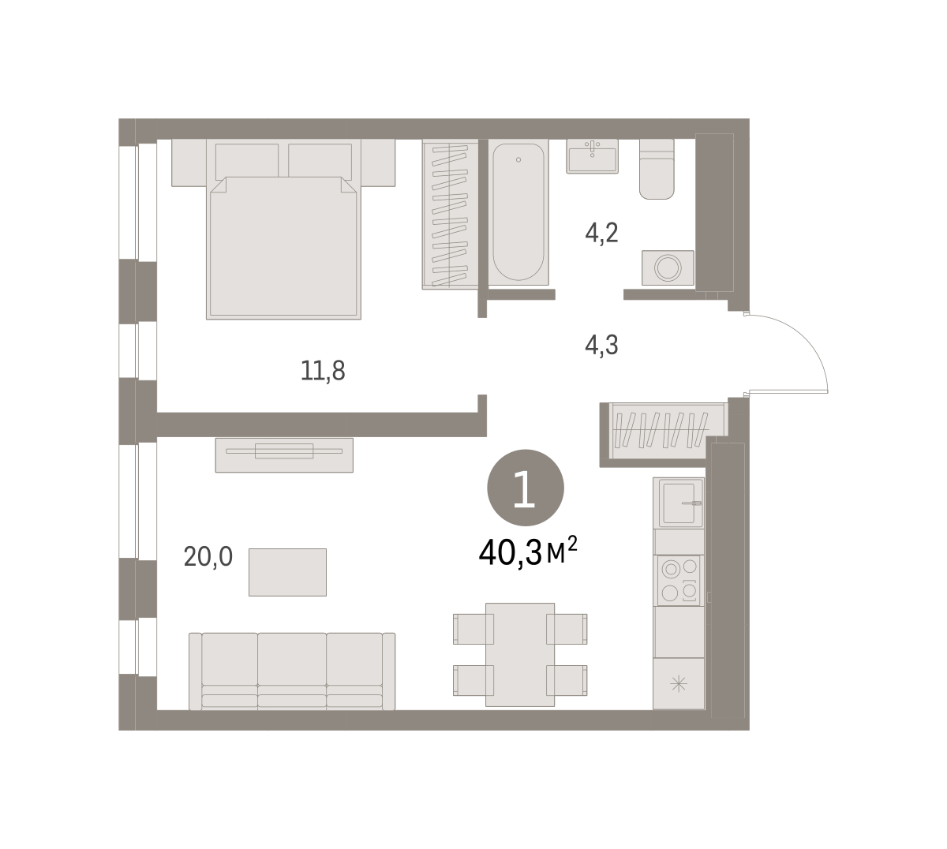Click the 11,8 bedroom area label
coord(323,371)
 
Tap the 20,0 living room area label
coord(208,557)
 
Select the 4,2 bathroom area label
coord(601,233)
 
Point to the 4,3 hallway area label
coord(601,346)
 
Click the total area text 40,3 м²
coord(528,552)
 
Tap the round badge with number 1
coord(526,488)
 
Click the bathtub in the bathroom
coord(518,211)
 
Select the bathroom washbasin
coord(592,156)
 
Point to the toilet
coord(657,169)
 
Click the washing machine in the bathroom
coord(668,268)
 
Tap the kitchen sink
coord(679,503)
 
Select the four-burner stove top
coord(679,581)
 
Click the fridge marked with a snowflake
coord(679,684)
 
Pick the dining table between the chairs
coord(520,655)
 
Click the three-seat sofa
coord(292,671)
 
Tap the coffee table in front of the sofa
coord(287,572)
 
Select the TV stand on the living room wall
coord(284,455)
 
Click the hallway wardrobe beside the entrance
coord(663,431)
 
